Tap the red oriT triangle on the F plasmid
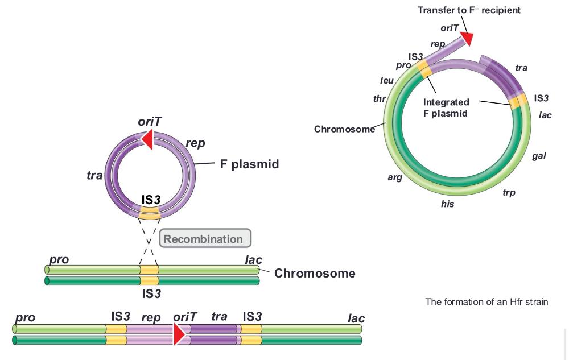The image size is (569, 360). tap(147, 139)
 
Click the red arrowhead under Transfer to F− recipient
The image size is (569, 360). tap(468, 38)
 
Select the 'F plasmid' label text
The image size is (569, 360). tap(250, 164)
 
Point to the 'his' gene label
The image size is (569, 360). tap(448, 204)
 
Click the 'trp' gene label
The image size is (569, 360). tap(509, 193)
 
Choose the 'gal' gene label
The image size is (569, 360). tap(539, 156)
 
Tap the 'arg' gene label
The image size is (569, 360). tap(395, 177)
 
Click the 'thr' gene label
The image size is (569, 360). tap(380, 98)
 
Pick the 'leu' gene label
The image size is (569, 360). tap(387, 81)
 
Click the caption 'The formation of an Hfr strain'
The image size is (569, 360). tap(486, 301)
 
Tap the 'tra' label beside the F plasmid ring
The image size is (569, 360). tap(94, 175)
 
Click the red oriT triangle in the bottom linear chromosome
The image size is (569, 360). tap(179, 334)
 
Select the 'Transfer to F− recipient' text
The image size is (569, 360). tap(469, 10)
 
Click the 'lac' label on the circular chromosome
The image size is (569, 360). tap(545, 115)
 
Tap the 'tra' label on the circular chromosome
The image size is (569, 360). tap(521, 68)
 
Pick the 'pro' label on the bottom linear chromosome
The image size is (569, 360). tap(26, 317)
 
